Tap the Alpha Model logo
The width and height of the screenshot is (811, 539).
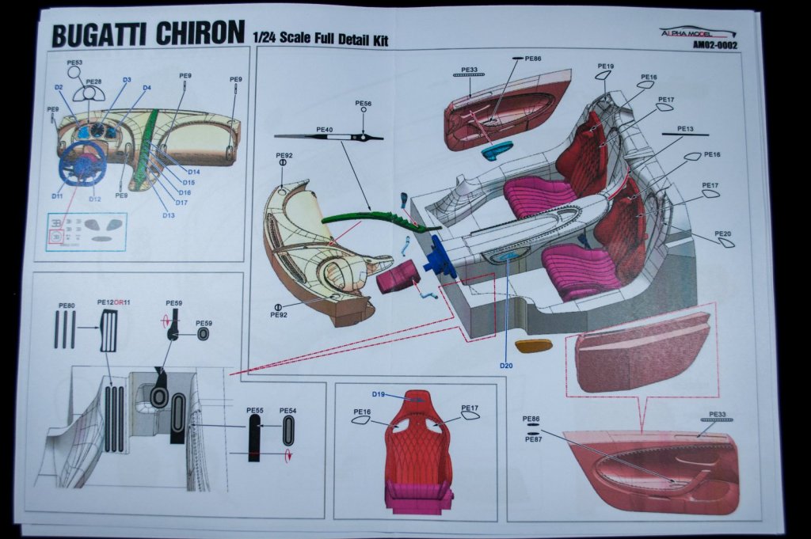(698, 33)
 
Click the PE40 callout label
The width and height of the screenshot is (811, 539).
(325, 129)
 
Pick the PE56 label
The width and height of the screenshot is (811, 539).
(364, 104)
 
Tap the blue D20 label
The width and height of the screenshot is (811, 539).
(507, 365)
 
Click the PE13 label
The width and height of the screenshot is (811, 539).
(685, 128)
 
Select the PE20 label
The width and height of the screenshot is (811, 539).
(722, 233)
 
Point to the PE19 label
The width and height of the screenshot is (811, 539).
(606, 66)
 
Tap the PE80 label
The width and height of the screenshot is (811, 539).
(67, 306)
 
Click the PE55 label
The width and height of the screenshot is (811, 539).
(254, 411)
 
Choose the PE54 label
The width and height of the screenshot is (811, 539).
(287, 411)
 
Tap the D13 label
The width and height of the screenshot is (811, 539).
(169, 215)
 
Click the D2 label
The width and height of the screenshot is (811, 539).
(59, 87)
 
